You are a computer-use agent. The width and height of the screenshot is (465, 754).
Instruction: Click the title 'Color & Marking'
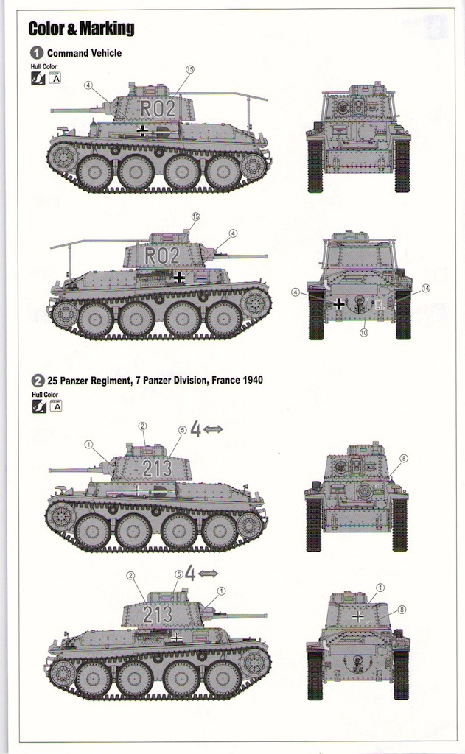pyautogui.click(x=81, y=29)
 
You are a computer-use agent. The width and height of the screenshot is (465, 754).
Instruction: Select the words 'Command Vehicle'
pyautogui.click(x=84, y=53)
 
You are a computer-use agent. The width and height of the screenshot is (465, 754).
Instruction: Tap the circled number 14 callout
pyautogui.click(x=425, y=288)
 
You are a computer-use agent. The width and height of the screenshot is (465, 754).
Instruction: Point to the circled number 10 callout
pyautogui.click(x=363, y=333)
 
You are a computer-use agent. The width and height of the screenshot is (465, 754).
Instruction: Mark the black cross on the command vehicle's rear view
pyautogui.click(x=338, y=303)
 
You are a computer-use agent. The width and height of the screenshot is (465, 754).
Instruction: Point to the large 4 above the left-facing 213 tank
pyautogui.click(x=195, y=429)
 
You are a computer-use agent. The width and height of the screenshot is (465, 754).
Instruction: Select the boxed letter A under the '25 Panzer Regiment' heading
pyautogui.click(x=55, y=406)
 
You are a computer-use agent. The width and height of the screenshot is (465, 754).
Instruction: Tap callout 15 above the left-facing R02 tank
pyautogui.click(x=189, y=69)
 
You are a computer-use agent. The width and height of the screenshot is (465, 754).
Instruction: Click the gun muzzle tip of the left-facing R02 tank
pyautogui.click(x=52, y=110)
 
